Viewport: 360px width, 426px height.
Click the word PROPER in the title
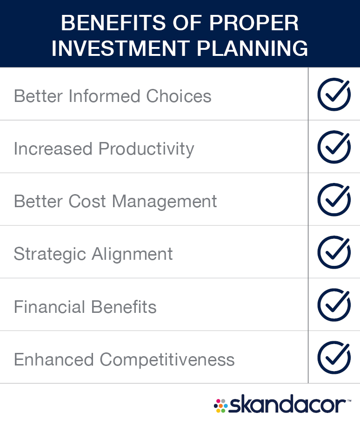(x=254, y=23)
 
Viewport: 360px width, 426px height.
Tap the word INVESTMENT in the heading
(x=121, y=48)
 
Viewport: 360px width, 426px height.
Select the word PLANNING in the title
(x=253, y=48)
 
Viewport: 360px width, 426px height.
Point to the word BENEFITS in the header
(x=113, y=23)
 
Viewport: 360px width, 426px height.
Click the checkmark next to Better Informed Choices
(x=334, y=94)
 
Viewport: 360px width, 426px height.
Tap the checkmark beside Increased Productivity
(x=334, y=147)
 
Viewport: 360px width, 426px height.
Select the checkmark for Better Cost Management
(x=334, y=200)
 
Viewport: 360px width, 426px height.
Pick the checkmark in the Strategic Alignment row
(x=334, y=252)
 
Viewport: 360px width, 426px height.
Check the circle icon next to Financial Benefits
(x=334, y=305)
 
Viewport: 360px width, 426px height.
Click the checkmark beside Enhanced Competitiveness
(x=334, y=358)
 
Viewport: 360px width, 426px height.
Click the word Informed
(x=105, y=96)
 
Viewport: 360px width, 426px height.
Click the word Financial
(x=50, y=307)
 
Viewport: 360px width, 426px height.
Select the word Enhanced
(x=54, y=359)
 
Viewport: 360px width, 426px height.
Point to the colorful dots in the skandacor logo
(x=221, y=406)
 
